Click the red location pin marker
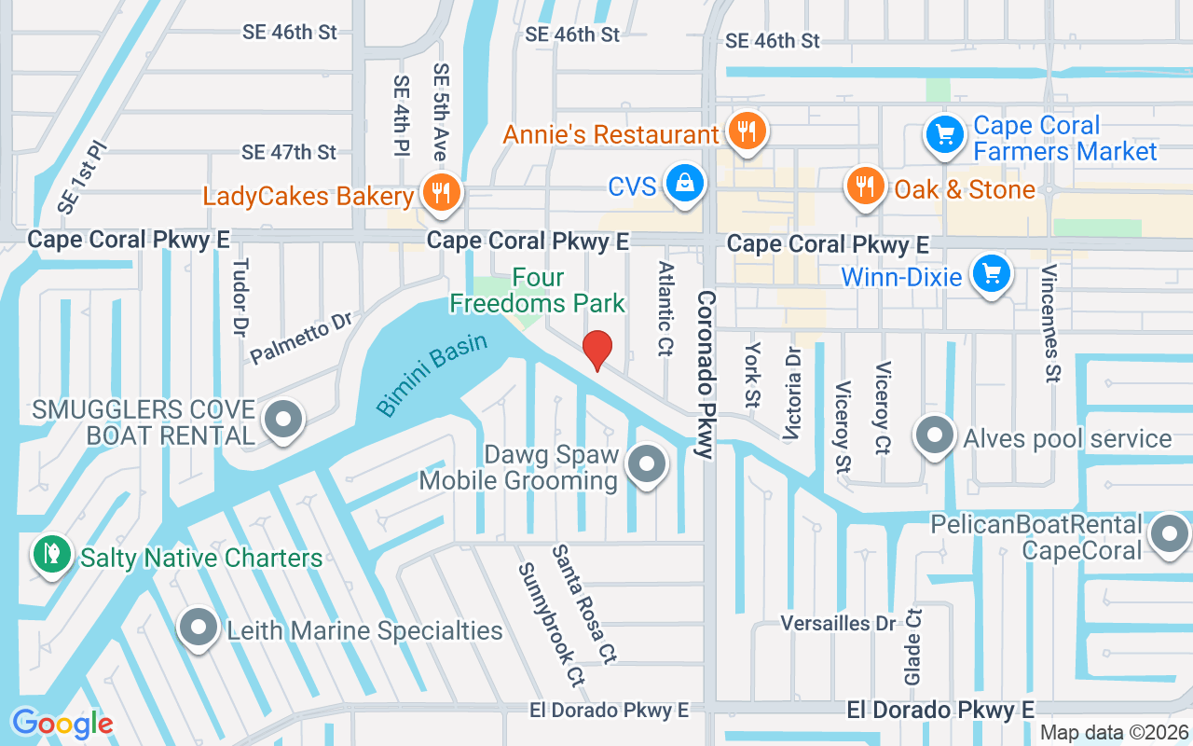pos(596,350)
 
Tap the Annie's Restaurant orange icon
pos(746,131)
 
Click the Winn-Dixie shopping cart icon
pos(991,274)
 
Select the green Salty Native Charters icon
pos(51,555)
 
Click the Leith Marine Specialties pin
pos(199,629)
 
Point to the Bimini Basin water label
pos(432,374)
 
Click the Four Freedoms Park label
pos(538,290)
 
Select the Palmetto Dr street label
pos(300,338)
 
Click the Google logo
pos(62,724)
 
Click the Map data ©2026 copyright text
pos(1114,732)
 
